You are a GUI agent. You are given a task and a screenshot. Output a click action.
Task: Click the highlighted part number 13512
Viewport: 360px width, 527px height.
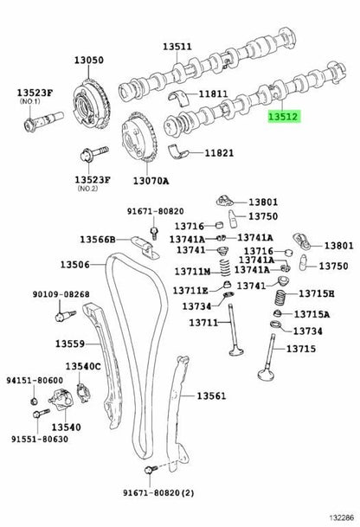click(x=283, y=117)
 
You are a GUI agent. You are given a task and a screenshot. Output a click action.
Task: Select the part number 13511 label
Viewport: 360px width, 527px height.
click(x=177, y=47)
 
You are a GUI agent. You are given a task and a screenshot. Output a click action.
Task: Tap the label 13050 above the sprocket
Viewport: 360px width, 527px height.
click(x=89, y=61)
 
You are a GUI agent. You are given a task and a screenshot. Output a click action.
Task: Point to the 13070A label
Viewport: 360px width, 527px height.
click(x=151, y=181)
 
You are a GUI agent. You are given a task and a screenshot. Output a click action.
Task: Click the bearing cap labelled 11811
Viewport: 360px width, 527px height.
click(x=177, y=95)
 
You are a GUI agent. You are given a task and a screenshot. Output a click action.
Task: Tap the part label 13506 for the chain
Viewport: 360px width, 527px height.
click(x=75, y=265)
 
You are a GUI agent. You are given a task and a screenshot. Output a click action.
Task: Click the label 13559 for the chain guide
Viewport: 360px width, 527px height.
click(x=70, y=344)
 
